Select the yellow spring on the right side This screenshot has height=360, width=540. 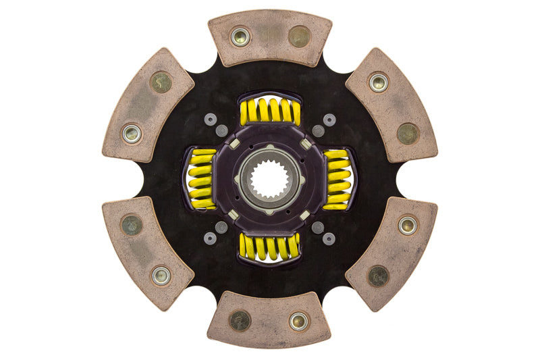click(337, 180)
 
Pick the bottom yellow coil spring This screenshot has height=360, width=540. click(269, 247)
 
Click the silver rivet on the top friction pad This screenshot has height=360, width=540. click(240, 36)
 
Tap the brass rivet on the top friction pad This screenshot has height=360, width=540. click(299, 36)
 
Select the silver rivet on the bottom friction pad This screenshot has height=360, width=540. click(298, 321)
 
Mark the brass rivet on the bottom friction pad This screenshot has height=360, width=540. click(240, 320)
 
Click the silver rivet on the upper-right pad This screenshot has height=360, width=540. click(379, 82)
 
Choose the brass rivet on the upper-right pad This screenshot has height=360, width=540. click(408, 134)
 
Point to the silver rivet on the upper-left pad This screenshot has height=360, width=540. click(132, 133)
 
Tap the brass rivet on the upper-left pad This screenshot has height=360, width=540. click(161, 82)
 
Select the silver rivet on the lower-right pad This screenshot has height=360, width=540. click(408, 225)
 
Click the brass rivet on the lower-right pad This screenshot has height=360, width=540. click(379, 275)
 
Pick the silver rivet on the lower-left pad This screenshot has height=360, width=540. click(161, 276)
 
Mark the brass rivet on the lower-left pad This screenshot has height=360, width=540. click(132, 225)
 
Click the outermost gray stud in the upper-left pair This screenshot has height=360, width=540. click(211, 120)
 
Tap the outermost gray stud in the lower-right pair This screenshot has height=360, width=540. click(329, 238)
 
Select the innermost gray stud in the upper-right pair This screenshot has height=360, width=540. click(318, 130)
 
